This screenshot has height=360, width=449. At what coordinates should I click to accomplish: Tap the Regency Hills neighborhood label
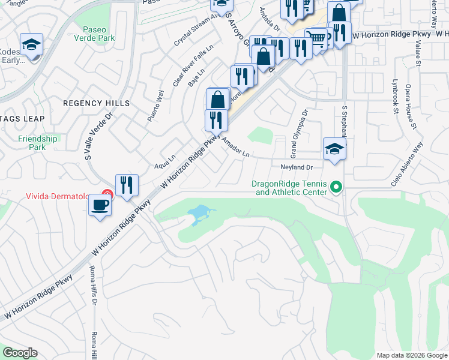96,103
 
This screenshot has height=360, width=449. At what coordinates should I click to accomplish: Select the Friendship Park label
38,143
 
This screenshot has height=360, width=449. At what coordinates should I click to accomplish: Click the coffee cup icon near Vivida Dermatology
100,205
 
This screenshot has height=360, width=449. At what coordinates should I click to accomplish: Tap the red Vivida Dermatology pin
107,194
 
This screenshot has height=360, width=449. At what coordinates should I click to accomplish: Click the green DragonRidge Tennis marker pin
336,188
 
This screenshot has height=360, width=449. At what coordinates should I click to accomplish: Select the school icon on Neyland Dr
334,149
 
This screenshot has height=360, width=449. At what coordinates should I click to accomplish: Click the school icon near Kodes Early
31,44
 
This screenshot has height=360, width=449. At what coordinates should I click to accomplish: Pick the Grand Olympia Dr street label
299,130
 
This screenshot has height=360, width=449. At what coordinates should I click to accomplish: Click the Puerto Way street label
155,106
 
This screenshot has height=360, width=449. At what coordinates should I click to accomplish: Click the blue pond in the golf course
199,214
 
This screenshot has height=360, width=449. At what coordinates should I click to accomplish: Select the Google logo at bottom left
20,353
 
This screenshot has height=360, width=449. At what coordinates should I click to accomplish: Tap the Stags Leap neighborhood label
22,119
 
